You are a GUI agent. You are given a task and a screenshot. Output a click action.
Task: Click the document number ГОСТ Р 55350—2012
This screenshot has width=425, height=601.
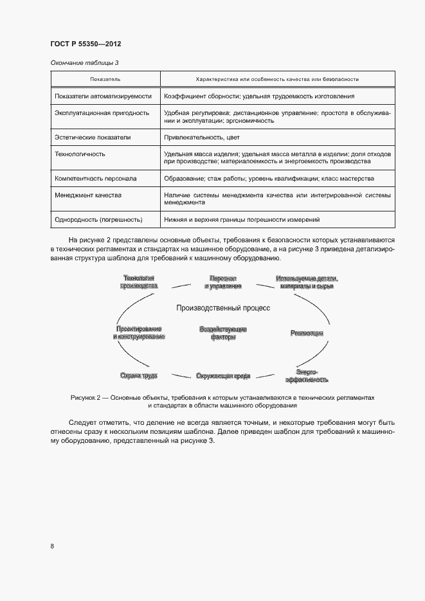86,44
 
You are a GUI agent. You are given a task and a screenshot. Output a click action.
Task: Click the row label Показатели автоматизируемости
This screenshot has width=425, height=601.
104,96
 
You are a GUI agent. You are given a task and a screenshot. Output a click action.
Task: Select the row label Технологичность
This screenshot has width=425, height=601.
80,154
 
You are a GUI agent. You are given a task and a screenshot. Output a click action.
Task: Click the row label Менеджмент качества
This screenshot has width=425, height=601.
88,195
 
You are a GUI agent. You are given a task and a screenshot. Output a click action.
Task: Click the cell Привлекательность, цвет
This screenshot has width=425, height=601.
196,137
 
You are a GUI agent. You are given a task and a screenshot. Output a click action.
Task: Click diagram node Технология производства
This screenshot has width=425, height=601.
138,282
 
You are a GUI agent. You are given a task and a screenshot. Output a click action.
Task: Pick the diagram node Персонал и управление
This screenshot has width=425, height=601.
223,282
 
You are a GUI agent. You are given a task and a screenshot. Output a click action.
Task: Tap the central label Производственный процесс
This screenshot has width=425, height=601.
223,308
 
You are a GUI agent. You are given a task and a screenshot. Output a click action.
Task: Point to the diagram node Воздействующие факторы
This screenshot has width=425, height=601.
223,333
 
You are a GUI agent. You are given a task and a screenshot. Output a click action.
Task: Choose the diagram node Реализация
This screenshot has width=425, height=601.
307,333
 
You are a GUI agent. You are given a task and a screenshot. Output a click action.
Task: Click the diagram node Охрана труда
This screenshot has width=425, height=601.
138,375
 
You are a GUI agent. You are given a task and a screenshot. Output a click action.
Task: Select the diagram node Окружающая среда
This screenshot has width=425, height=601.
223,375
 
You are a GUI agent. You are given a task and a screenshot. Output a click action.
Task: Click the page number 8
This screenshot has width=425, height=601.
52,546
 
